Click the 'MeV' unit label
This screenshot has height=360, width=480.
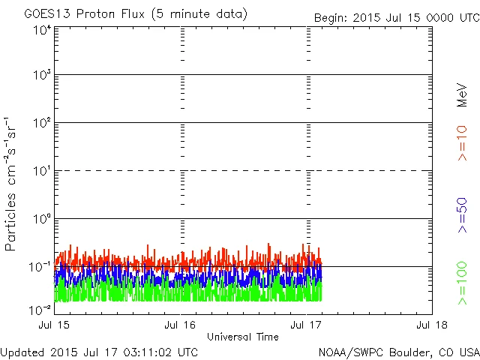[463, 95]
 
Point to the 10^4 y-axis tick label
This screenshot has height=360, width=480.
[41, 30]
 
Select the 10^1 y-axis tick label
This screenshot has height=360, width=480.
[41, 172]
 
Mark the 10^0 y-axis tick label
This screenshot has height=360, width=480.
[41, 220]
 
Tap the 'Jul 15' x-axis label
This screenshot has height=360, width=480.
[55, 325]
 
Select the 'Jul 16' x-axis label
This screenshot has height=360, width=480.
[180, 325]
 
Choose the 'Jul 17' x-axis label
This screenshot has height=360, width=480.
[307, 325]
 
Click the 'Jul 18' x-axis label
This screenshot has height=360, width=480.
[432, 325]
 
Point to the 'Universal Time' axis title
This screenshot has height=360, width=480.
[242, 337]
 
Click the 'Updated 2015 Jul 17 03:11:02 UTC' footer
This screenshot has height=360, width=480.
[100, 351]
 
